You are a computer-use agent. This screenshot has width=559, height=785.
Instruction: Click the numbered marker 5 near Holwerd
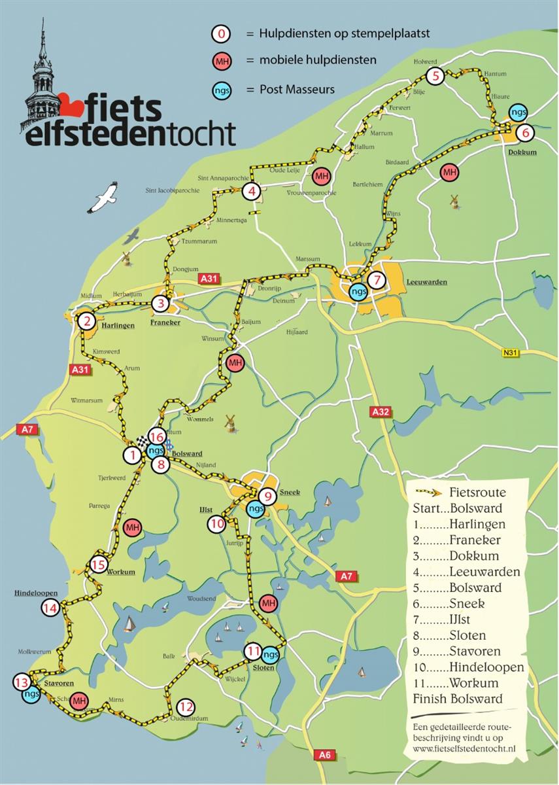436,76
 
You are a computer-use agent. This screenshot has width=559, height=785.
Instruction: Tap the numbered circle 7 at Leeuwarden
375,280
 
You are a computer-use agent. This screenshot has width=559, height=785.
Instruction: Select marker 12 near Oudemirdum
186,706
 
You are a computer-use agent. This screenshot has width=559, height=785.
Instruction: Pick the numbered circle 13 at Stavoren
21,682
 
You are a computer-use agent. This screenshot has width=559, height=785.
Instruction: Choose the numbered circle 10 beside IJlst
218,523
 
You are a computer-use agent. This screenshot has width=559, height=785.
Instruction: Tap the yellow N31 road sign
511,353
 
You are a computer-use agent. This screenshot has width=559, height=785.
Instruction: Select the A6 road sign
325,756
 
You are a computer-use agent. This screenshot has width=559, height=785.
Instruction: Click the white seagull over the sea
104,198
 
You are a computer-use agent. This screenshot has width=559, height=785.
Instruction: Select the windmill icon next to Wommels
229,422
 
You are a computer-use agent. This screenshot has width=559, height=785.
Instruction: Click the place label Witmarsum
87,400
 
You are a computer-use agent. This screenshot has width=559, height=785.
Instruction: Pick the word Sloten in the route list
467,635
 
